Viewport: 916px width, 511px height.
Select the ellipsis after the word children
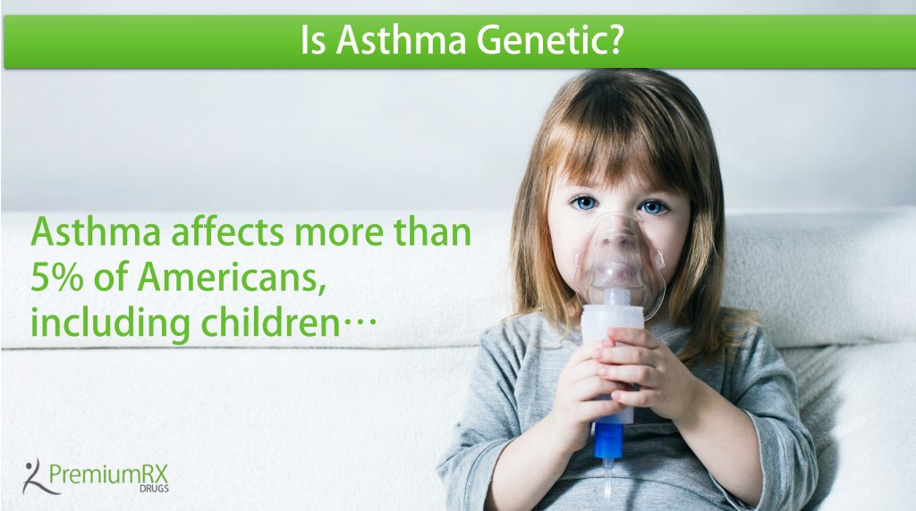tap(358, 326)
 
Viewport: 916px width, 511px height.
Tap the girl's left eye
tap(653, 206)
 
